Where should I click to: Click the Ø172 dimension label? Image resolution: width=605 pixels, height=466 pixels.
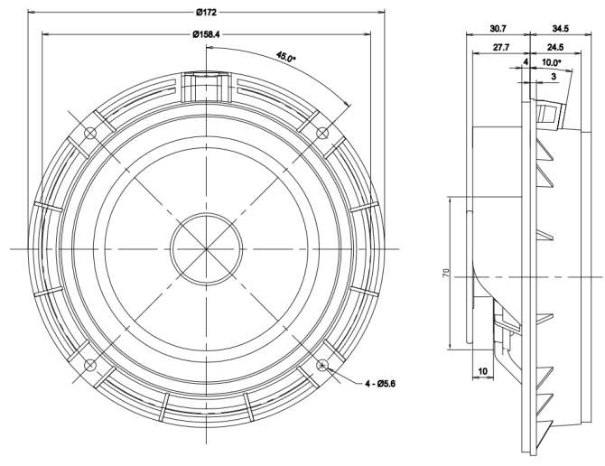point(207,13)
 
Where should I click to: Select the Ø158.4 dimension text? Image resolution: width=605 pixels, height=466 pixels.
point(206,34)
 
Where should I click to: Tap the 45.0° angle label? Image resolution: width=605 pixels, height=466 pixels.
point(286,57)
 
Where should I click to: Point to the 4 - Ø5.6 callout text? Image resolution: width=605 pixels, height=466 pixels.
point(380,384)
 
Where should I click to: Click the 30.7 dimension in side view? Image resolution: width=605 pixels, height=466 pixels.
point(498,29)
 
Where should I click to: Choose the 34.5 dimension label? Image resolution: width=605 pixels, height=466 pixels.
point(560,29)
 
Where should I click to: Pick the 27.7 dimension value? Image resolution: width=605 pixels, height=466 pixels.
point(501,47)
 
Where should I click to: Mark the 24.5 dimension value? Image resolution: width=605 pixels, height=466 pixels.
point(555,47)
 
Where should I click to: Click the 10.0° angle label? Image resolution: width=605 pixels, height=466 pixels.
point(552,62)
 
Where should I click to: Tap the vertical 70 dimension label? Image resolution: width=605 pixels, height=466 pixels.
point(446,274)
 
